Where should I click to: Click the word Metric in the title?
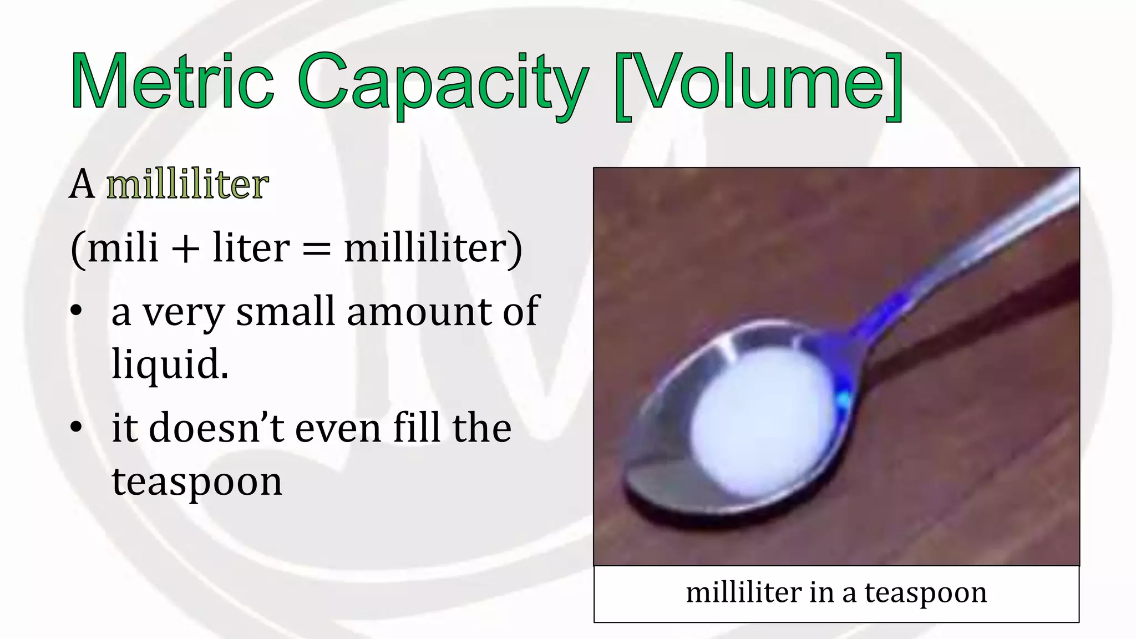172,82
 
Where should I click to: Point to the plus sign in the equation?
185,248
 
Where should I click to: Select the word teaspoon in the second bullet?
197,481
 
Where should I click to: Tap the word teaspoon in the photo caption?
926,592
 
